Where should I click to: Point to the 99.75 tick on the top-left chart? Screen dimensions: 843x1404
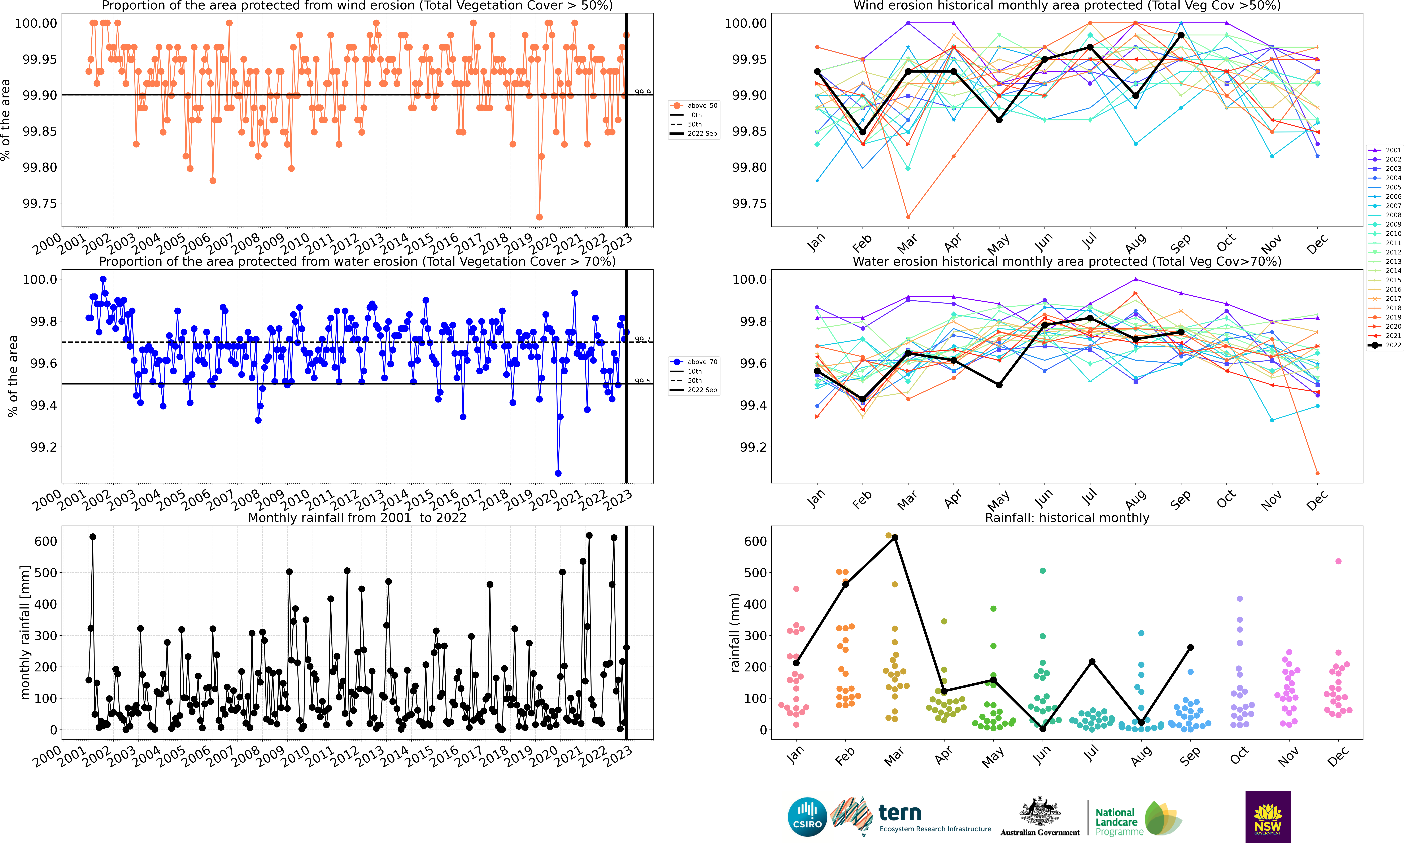point(40,203)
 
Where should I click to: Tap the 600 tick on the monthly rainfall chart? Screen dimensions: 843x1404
point(45,541)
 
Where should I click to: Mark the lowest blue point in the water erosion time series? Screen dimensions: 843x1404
point(558,473)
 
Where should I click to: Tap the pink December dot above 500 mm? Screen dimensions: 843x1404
point(1338,561)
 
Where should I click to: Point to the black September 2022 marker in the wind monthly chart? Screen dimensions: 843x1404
point(1181,35)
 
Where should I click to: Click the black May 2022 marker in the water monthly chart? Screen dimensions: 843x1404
point(999,385)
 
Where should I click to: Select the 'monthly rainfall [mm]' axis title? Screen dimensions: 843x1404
point(24,632)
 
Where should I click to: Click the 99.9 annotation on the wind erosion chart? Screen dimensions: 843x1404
point(643,92)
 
